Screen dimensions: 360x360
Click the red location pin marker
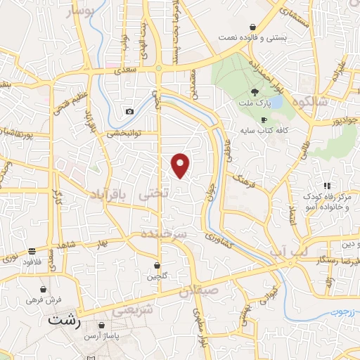[181, 165]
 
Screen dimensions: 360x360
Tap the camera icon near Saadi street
[129, 112]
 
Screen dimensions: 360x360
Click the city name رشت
[65, 320]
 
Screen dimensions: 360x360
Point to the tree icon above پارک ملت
[255, 91]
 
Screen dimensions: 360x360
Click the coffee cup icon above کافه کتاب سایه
[264, 120]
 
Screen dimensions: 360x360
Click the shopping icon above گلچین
[157, 266]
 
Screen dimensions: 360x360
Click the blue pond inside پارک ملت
[276, 103]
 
